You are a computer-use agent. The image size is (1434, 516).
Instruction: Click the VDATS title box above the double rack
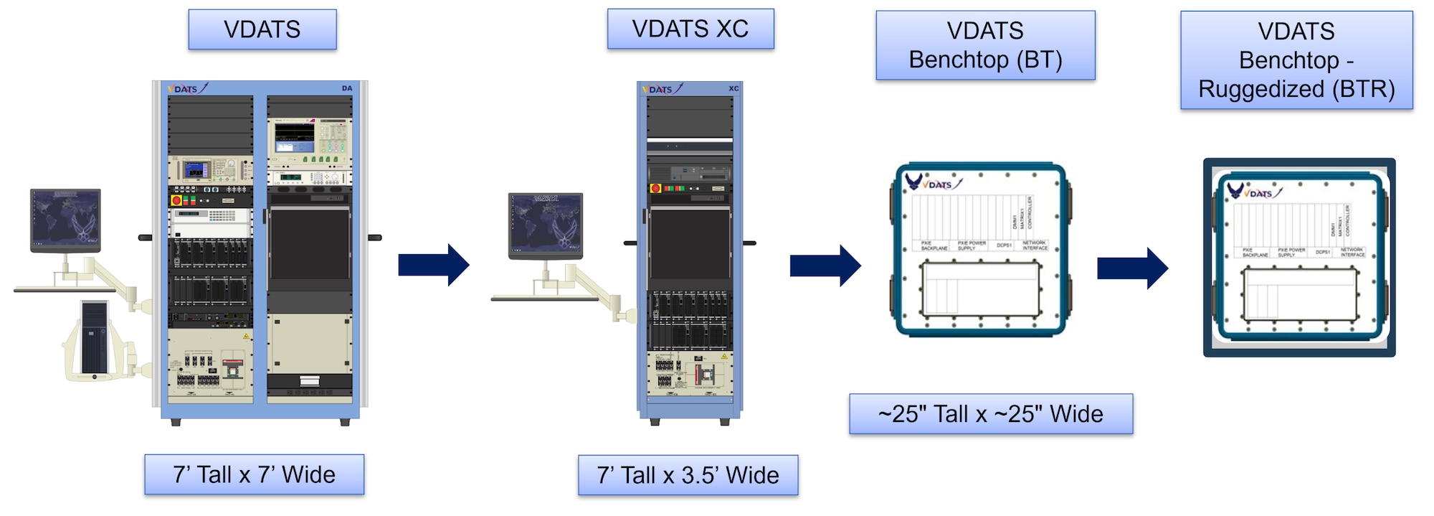pyautogui.click(x=262, y=29)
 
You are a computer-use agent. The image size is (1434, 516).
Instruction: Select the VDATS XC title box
pyautogui.click(x=690, y=29)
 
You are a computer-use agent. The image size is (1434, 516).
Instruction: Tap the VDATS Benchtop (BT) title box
pyautogui.click(x=985, y=45)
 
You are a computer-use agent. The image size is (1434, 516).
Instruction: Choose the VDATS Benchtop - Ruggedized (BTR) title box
pyautogui.click(x=1296, y=60)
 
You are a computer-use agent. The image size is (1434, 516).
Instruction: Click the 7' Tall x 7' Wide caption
pyautogui.click(x=254, y=474)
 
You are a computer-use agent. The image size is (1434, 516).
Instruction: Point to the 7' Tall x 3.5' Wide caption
pyautogui.click(x=688, y=475)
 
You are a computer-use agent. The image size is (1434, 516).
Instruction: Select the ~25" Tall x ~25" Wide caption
pyautogui.click(x=991, y=414)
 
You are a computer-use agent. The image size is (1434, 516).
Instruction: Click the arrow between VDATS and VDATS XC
pyautogui.click(x=433, y=265)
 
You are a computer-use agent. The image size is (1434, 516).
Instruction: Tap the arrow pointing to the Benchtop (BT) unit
pyautogui.click(x=825, y=266)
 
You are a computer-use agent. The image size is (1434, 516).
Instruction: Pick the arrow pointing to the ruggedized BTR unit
pyautogui.click(x=1132, y=268)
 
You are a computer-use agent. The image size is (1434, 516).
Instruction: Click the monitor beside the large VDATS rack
pyautogui.click(x=65, y=218)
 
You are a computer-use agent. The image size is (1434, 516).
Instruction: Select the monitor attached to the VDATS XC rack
pyautogui.click(x=545, y=223)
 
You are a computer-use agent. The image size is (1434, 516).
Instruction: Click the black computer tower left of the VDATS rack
pyautogui.click(x=94, y=338)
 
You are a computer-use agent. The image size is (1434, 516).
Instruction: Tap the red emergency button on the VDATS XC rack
pyautogui.click(x=655, y=189)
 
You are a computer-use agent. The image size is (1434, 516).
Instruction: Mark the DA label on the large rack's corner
pyautogui.click(x=347, y=88)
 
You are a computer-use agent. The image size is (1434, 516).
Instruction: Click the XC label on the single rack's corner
pyautogui.click(x=733, y=89)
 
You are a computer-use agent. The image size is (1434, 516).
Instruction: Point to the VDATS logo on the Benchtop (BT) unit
pyautogui.click(x=933, y=184)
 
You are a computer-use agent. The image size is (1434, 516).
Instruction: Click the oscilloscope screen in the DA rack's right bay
pyautogui.click(x=294, y=133)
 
